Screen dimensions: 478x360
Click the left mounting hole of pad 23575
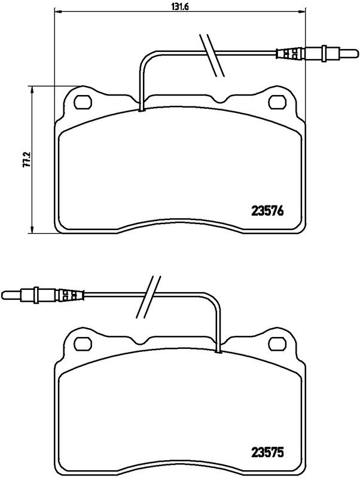(x=82, y=344)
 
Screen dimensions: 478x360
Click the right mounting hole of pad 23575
(x=278, y=344)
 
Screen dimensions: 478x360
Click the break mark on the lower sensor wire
(x=147, y=297)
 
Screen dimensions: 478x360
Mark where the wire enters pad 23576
(x=141, y=108)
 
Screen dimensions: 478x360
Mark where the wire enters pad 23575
(x=219, y=350)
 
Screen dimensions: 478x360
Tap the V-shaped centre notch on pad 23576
(x=222, y=100)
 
